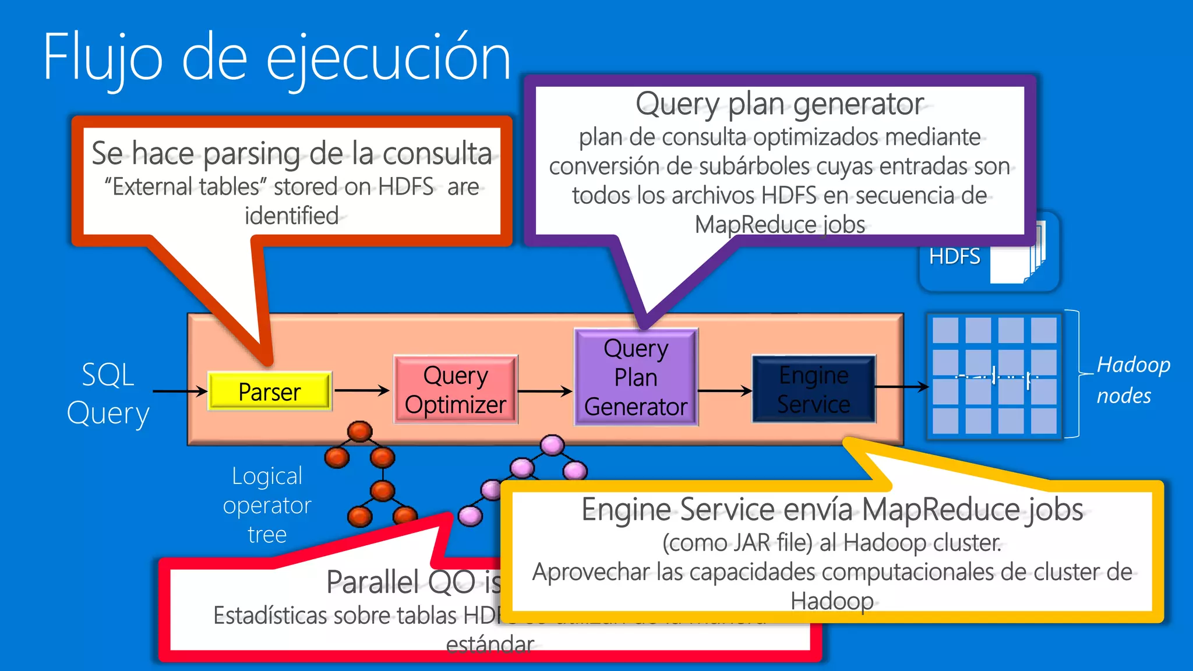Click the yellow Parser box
[x=270, y=391]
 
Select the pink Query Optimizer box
[x=456, y=390]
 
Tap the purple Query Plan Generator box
[x=636, y=377]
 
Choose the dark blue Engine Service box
[x=813, y=389]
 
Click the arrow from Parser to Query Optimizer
[x=362, y=390]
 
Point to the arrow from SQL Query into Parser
[x=180, y=391]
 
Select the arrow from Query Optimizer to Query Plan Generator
[x=545, y=391]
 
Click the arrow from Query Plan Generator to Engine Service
[x=725, y=390]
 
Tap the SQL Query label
[x=108, y=394]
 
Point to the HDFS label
[x=954, y=257]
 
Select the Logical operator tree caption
[x=267, y=505]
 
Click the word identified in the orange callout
[x=291, y=216]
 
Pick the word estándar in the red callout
[x=489, y=645]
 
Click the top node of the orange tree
[x=359, y=432]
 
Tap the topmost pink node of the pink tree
[x=552, y=446]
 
